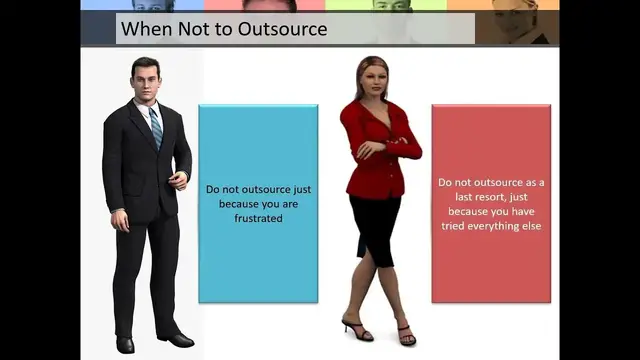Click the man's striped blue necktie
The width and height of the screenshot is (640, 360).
(155, 126)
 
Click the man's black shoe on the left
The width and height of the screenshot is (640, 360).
(125, 344)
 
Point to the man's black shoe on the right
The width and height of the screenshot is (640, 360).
(177, 339)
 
